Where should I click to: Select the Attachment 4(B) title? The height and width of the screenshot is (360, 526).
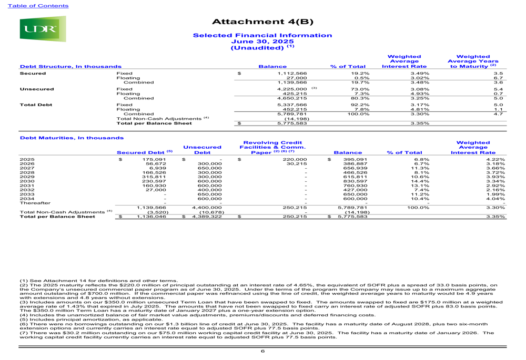click(262, 22)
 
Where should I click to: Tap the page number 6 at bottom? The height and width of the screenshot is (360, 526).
click(262, 351)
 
